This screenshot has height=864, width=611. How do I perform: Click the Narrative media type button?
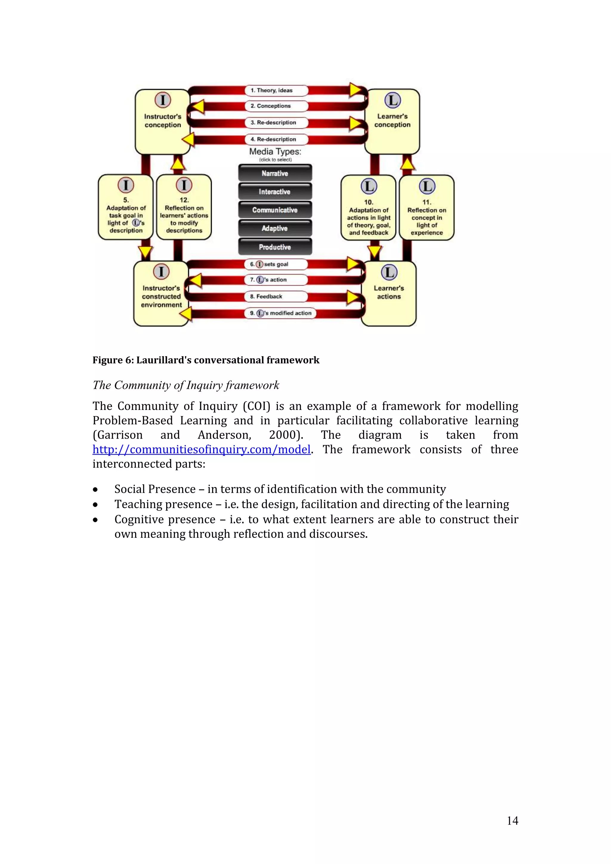coord(275,173)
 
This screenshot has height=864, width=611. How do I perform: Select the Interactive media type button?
coord(275,191)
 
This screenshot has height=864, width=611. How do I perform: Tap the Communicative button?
coord(275,210)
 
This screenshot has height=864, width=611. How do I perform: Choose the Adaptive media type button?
coord(275,228)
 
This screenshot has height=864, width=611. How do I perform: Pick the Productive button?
coord(275,247)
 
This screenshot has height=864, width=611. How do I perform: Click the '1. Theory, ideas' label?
coord(276,90)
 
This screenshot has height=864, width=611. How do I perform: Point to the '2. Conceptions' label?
coord(276,106)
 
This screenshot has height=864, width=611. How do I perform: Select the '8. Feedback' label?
coord(276,297)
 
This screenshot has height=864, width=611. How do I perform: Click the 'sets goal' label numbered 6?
coord(276,264)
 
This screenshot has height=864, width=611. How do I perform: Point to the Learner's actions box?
coord(389,293)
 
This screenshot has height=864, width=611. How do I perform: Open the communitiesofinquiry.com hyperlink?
coord(201,449)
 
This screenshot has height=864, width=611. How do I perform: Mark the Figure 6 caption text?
coord(206,360)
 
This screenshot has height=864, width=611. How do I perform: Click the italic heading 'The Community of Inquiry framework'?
coord(186,385)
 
